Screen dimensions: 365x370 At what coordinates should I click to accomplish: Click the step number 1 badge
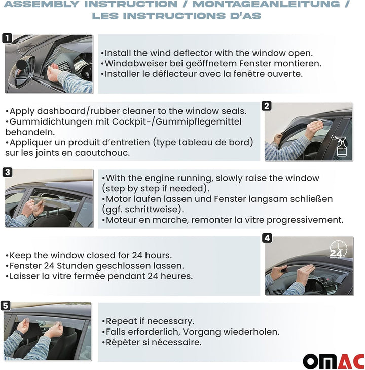click(x=7, y=38)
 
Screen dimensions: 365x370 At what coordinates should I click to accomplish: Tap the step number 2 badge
click(x=267, y=106)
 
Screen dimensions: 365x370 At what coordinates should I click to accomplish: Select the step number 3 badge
click(x=7, y=172)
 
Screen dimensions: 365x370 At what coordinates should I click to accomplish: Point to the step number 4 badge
click(x=267, y=238)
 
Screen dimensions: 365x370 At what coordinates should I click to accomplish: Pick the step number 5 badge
click(x=6, y=306)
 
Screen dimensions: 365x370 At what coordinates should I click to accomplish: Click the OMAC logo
click(x=334, y=361)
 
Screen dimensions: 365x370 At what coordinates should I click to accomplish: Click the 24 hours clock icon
click(x=338, y=250)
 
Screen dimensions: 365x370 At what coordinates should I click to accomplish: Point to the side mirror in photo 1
click(x=22, y=71)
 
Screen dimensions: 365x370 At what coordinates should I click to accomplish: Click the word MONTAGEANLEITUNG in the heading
click(x=266, y=4)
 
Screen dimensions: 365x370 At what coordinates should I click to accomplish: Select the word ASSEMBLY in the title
click(x=41, y=4)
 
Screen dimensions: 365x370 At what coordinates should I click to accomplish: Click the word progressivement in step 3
click(x=305, y=220)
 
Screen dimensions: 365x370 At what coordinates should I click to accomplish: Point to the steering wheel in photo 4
click(x=315, y=284)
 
